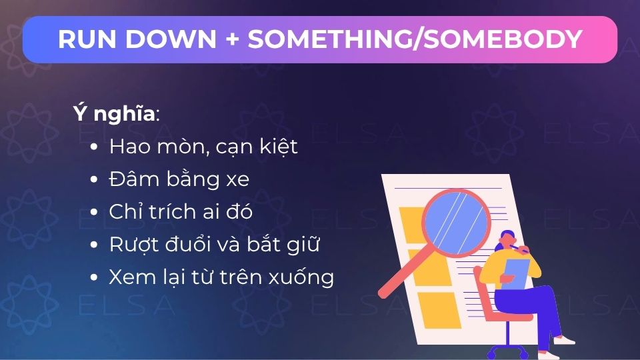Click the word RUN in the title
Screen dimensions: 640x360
coord(87,39)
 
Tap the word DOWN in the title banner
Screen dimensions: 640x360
coord(171,39)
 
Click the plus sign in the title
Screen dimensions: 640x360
coord(232,39)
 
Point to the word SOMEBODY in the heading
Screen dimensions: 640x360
coord(503,39)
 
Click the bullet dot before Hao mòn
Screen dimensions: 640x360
coord(94,147)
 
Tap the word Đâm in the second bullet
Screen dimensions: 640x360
coord(134,179)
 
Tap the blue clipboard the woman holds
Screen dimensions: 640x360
coord(515,273)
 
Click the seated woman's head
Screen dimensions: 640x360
coord(508,241)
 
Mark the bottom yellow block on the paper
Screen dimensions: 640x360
coord(438,310)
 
